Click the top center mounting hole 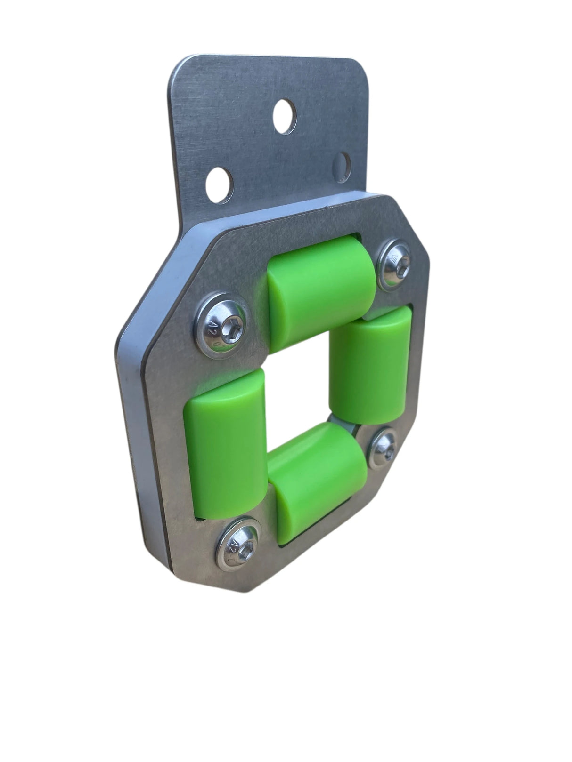(x=285, y=115)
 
